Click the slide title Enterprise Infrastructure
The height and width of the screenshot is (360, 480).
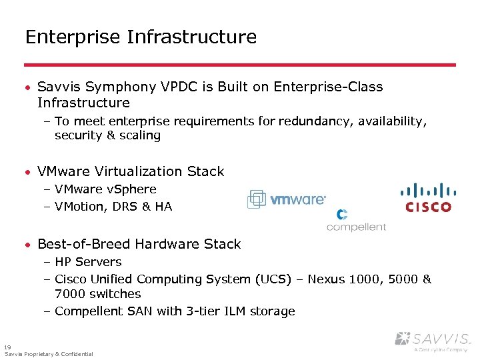(141, 37)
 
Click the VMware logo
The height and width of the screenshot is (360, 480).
(287, 199)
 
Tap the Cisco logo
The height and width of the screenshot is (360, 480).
(428, 197)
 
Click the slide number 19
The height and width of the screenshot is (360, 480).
(7, 347)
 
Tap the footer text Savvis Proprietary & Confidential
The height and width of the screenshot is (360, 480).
(49, 354)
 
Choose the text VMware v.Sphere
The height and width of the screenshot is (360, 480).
(105, 189)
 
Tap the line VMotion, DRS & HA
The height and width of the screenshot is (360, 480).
(113, 207)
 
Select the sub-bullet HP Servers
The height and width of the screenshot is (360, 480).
(88, 262)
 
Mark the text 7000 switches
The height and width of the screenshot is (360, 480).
(98, 294)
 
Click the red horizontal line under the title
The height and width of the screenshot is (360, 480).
(240, 65)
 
